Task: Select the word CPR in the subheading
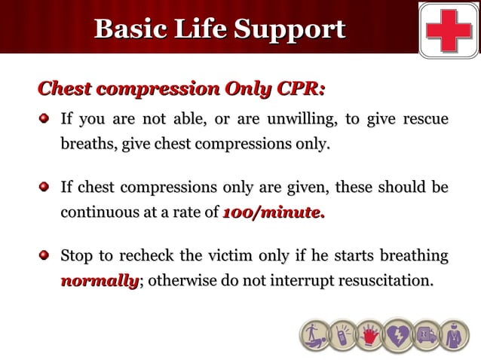click(x=301, y=89)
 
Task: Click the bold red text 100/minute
click(x=274, y=213)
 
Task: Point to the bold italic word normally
click(x=100, y=282)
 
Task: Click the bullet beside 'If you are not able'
click(x=45, y=119)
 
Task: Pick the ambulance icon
click(x=425, y=334)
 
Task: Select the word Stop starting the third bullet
click(x=77, y=257)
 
